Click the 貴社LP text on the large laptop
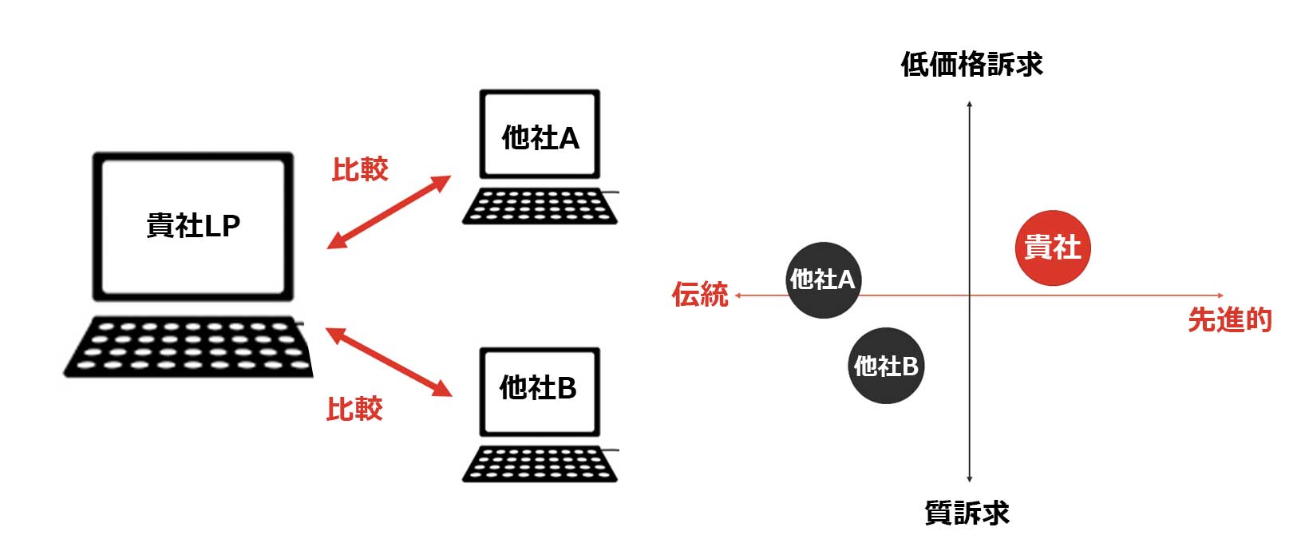click(x=193, y=225)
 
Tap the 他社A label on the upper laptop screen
click(x=540, y=138)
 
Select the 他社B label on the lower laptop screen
click(x=538, y=387)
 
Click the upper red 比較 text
click(x=360, y=169)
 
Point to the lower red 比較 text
click(x=354, y=409)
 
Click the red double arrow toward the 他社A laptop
click(x=389, y=212)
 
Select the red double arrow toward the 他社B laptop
click(x=389, y=362)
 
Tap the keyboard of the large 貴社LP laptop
click(x=188, y=347)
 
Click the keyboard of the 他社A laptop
click(x=540, y=206)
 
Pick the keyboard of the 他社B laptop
click(x=540, y=464)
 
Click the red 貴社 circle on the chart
click(x=1053, y=248)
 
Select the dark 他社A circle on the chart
click(x=824, y=280)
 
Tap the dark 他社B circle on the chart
click(x=886, y=366)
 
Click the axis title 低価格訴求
click(x=972, y=64)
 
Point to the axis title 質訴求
click(x=967, y=513)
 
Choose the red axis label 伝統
click(x=700, y=295)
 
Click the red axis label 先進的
click(x=1230, y=319)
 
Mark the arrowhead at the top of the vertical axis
click(x=970, y=103)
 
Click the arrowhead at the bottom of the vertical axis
click(x=970, y=479)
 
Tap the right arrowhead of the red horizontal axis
click(x=1220, y=295)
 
